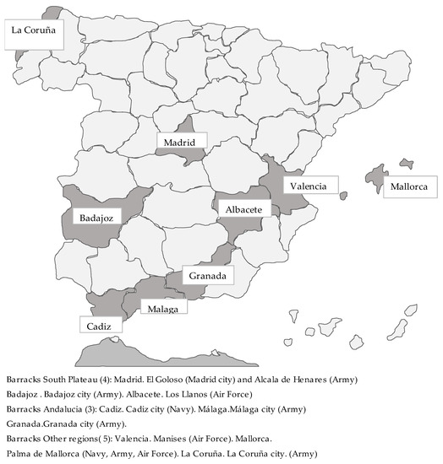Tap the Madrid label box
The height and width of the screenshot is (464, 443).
tap(179, 143)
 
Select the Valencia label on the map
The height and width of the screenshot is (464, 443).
tap(310, 186)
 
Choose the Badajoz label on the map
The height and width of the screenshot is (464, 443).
tap(96, 216)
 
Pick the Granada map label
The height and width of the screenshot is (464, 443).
tap(208, 276)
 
